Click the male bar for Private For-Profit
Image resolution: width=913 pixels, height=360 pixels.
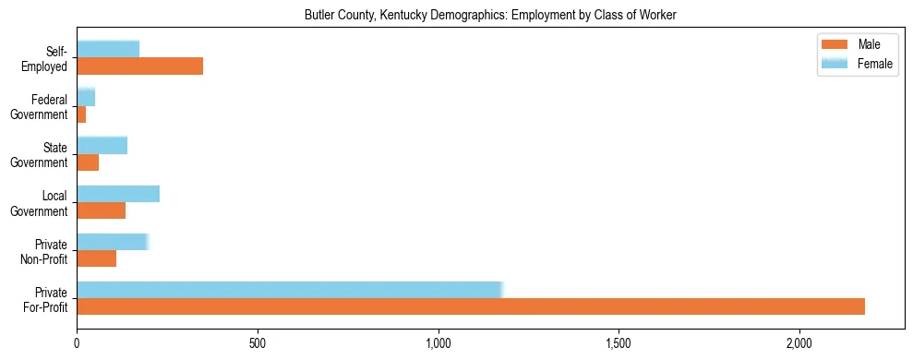[x=471, y=306]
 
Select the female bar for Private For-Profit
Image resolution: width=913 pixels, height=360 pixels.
[x=289, y=289]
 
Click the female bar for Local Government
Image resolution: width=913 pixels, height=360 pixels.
[x=118, y=194]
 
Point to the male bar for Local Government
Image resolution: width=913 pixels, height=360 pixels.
[x=101, y=210]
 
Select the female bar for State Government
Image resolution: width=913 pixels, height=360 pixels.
[x=102, y=145]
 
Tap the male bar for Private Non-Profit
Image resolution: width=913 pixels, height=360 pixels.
[x=96, y=258]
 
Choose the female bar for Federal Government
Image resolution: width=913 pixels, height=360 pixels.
[x=86, y=97]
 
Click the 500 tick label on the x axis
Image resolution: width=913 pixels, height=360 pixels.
[x=258, y=343]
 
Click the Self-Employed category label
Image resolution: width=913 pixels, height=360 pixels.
[x=46, y=58]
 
